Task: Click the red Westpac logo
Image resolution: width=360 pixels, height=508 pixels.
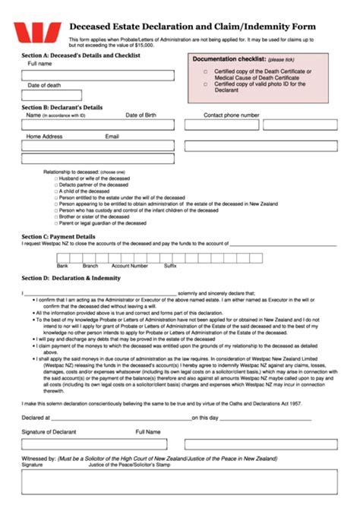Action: coord(36,33)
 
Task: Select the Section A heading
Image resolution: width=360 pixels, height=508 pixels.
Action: coord(81,56)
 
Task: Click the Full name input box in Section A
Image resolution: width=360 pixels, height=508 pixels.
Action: coord(99,74)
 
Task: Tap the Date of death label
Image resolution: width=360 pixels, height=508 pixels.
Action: coord(44,86)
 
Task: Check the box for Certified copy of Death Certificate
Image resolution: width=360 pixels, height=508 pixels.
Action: coord(205,71)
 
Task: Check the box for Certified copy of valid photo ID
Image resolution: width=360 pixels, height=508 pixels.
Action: coord(205,84)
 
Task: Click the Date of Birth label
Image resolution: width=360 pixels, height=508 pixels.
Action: coord(141,115)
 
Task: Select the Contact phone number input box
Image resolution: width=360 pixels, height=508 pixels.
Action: coord(254,125)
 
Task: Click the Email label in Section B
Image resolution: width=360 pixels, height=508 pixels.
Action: coord(112,137)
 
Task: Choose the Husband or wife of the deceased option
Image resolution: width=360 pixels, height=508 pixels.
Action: coord(56,178)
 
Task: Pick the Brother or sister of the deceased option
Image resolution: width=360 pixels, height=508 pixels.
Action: coord(56,216)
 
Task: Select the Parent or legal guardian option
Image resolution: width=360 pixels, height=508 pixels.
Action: coord(56,223)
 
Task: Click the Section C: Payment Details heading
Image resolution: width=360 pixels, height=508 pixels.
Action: coord(58,237)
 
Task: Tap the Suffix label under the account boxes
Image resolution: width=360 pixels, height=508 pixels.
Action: coord(170,267)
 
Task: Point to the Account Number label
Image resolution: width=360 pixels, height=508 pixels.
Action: coord(129,267)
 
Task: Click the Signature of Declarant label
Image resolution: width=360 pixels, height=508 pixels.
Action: coord(49,431)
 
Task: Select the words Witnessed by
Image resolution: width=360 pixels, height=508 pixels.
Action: coord(38,459)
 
